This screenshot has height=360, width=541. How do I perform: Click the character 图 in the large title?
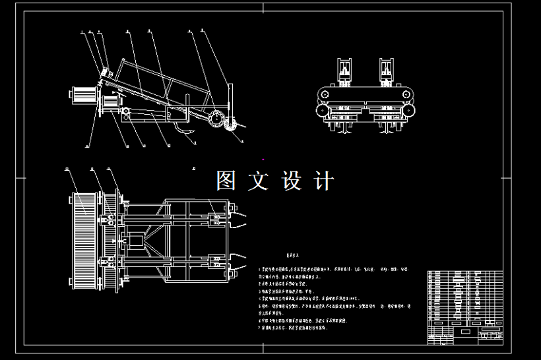click(x=226, y=181)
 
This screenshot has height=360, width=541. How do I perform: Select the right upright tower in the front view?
click(x=387, y=71)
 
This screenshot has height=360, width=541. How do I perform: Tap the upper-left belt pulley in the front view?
click(x=324, y=95)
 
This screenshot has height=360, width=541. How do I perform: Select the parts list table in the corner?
click(x=464, y=305)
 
